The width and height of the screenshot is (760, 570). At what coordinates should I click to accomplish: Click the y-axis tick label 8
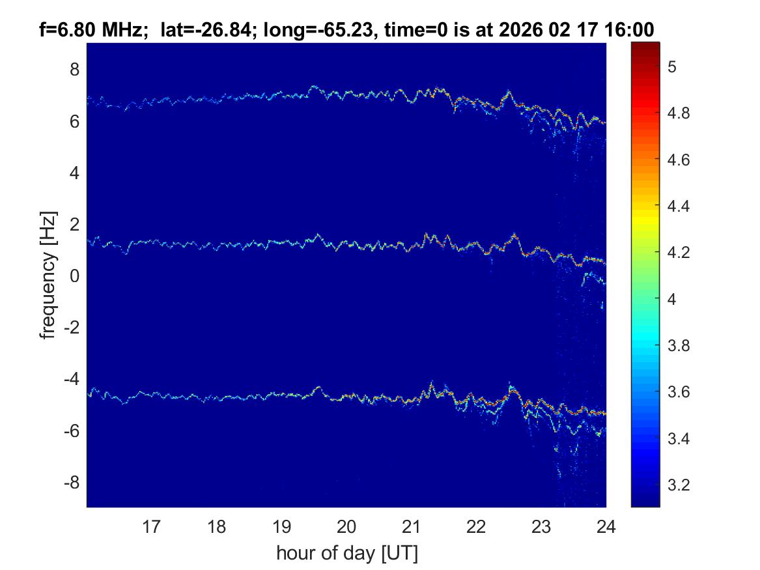74,69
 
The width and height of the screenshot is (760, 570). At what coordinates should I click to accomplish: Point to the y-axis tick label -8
72,483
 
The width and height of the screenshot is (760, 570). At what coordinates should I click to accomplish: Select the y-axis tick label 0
74,276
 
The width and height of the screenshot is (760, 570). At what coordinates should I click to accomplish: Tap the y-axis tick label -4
72,379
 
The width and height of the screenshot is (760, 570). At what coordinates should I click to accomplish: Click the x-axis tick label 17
152,526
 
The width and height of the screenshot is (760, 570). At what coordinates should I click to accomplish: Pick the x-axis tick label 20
346,526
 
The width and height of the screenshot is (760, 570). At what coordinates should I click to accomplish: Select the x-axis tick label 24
606,526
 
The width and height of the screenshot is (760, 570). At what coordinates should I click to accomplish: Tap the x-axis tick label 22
476,526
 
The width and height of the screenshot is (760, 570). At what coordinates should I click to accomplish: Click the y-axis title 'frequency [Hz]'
48,275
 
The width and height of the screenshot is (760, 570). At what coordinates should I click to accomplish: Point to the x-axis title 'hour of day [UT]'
346,554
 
